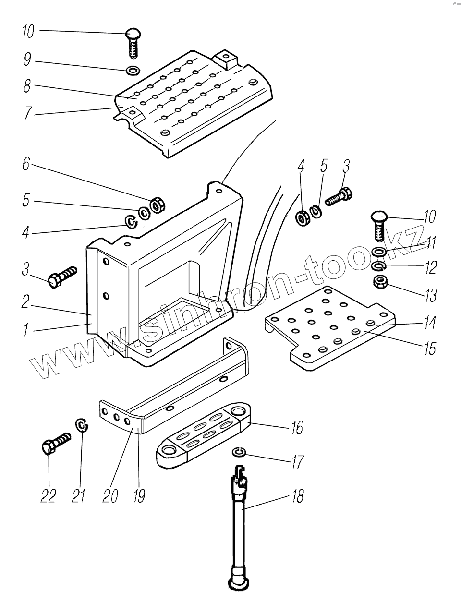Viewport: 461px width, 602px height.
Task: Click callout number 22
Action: pos(48,496)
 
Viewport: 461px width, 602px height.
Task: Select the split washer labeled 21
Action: pos(83,425)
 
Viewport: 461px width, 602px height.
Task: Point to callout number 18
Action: pos(298,496)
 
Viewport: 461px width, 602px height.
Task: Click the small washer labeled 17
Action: pos(239,452)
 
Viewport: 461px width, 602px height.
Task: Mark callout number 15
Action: pos(429,348)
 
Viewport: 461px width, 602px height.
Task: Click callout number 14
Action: pos(429,323)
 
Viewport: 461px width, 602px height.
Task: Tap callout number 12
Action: pos(430,267)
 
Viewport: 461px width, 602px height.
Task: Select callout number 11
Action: pos(430,243)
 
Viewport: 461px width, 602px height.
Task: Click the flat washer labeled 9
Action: pos(132,71)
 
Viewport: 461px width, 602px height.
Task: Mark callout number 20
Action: pos(110,496)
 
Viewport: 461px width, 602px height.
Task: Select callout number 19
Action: pos(139,496)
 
